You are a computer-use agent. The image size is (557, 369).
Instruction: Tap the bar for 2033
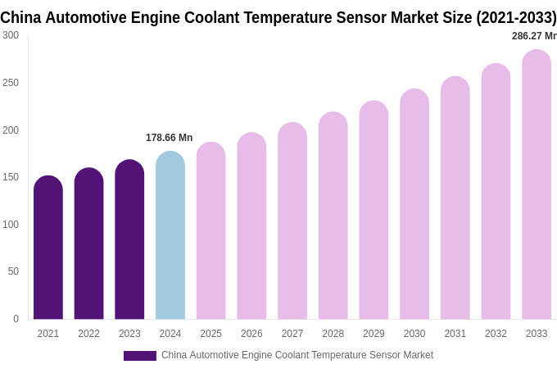pos(537,184)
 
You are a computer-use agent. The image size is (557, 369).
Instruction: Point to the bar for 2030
pos(414,204)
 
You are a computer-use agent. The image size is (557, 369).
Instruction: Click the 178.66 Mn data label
pos(169,138)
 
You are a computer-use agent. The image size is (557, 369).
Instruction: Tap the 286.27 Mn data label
pos(533,36)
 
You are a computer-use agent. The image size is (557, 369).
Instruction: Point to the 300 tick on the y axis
pos(11,35)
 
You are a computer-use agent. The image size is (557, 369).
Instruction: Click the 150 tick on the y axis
pos(11,177)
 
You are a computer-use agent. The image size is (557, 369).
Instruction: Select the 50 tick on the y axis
pos(13,271)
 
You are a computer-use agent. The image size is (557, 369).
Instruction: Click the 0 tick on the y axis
pos(16,319)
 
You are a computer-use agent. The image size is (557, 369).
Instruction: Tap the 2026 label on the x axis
pos(251,334)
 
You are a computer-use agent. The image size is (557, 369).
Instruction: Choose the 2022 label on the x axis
pos(88,334)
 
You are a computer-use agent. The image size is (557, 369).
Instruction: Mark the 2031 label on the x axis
pos(455,334)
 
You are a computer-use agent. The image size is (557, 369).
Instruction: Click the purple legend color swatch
pos(139,356)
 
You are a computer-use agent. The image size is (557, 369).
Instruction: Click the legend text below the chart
pos(297,355)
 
